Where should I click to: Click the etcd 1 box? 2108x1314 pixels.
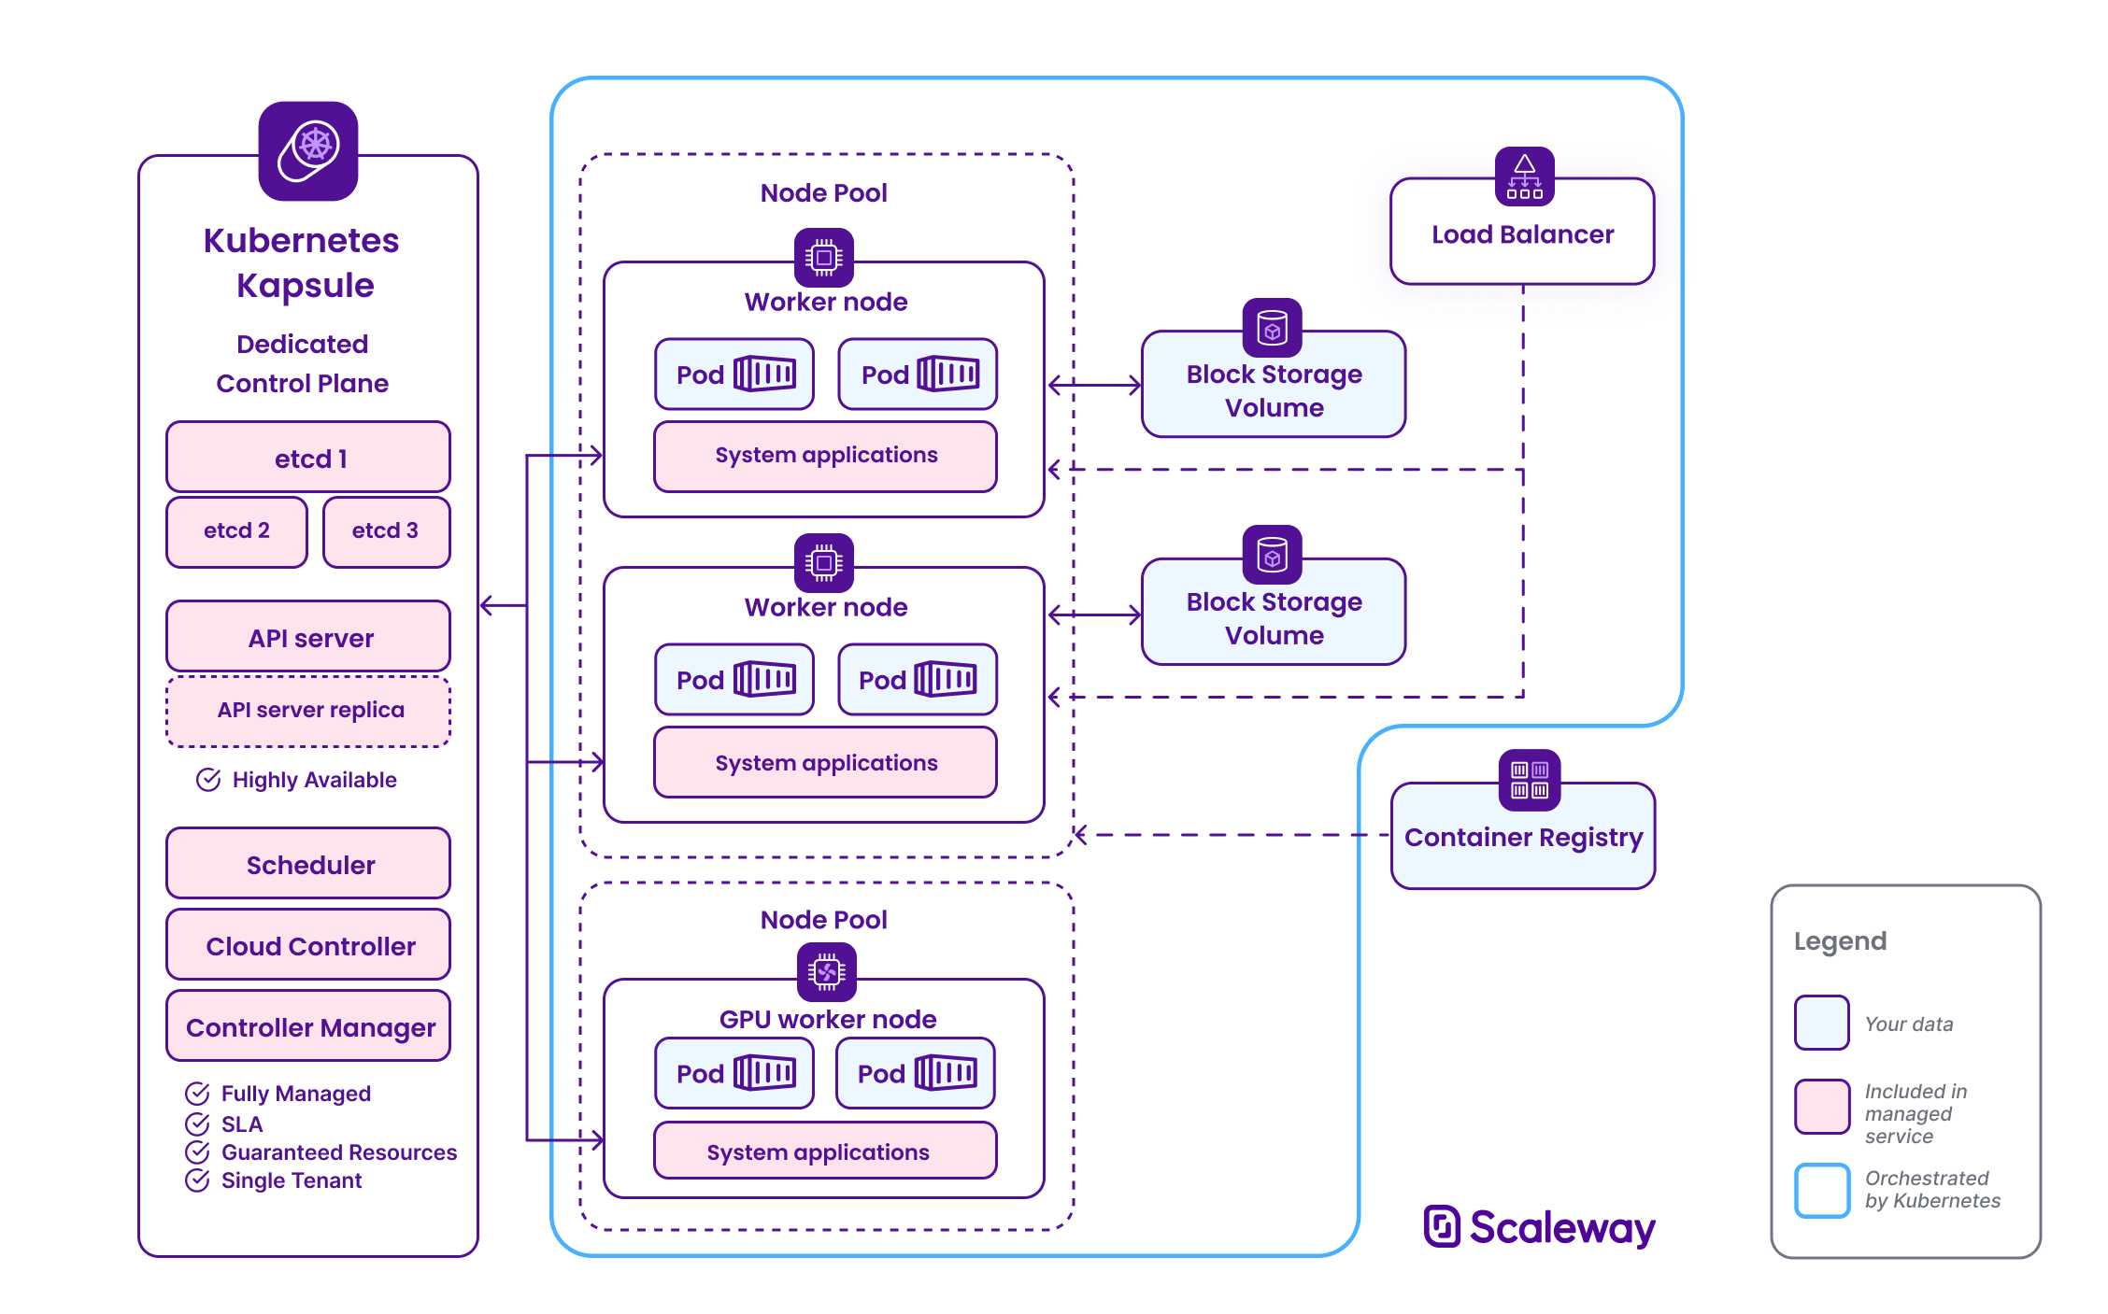308,458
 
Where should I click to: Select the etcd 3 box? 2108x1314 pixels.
386,531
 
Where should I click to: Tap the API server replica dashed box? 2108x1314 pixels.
308,711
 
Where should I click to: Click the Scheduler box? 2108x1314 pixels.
308,865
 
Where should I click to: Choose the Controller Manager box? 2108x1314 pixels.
308,1027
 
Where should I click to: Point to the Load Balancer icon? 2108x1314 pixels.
1524,176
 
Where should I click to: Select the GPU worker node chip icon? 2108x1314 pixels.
826,972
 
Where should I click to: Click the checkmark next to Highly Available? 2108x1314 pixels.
208,780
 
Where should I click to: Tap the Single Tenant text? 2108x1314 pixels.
291,1180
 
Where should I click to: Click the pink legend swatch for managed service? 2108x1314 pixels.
1821,1107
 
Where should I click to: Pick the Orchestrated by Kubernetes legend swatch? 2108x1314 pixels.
1821,1191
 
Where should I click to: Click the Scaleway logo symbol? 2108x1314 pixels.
1442,1226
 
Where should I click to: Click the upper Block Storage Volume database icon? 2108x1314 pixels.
1272,328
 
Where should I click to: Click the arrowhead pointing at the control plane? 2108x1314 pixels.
486,606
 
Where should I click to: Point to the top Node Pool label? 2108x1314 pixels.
823,193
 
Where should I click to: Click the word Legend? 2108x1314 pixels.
1840,941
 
